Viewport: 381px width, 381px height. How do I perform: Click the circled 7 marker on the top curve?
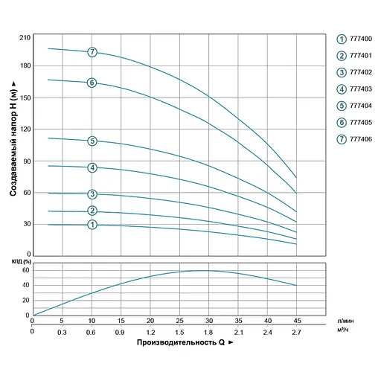pyautogui.click(x=92, y=52)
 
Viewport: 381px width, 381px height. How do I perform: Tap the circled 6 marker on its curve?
pyautogui.click(x=92, y=83)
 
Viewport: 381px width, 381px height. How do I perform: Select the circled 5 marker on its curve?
pyautogui.click(x=92, y=141)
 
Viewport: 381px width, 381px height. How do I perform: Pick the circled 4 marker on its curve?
pyautogui.click(x=92, y=167)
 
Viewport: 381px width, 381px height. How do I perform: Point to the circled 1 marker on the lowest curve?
pyautogui.click(x=92, y=225)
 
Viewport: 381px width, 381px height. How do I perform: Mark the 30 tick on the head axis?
pyautogui.click(x=24, y=224)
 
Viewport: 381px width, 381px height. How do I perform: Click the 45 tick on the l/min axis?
pyautogui.click(x=297, y=320)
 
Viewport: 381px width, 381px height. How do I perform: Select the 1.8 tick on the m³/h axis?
pyautogui.click(x=208, y=331)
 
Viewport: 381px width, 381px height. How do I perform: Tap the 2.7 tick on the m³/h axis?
pyautogui.click(x=297, y=331)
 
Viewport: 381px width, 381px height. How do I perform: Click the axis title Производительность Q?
pyautogui.click(x=179, y=344)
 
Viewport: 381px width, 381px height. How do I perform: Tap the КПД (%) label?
pyautogui.click(x=21, y=261)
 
